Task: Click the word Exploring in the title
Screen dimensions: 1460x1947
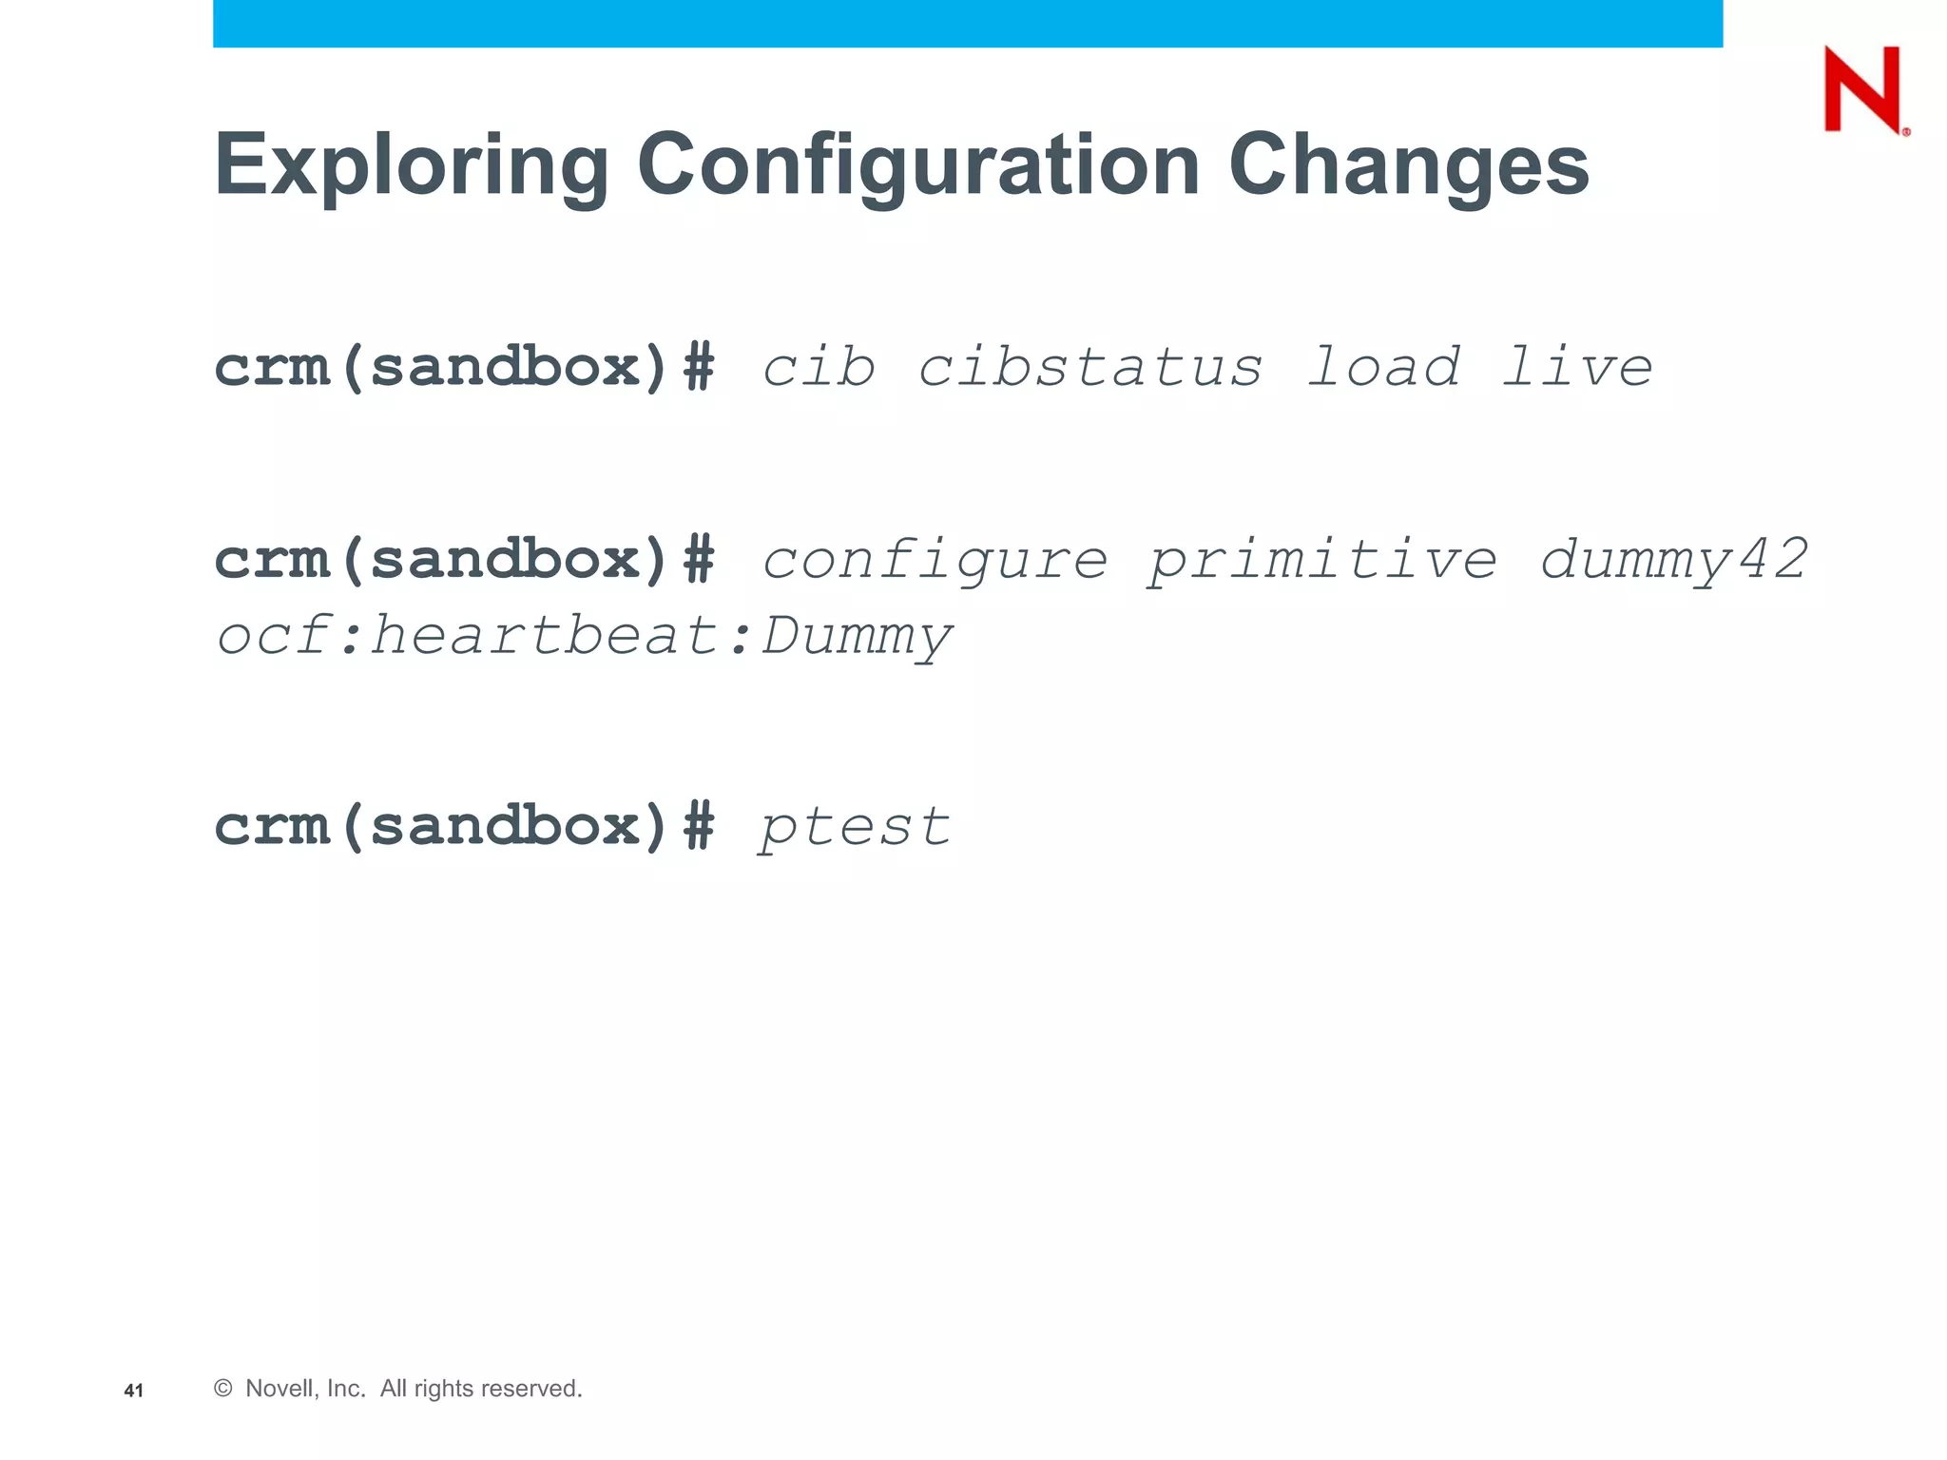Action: point(411,165)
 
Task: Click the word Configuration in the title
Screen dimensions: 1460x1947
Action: point(917,165)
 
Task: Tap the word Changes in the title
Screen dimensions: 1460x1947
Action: point(1408,165)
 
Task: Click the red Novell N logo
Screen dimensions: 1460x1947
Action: point(1863,90)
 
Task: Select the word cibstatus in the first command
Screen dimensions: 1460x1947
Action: point(1089,368)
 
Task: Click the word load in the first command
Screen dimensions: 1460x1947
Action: point(1383,368)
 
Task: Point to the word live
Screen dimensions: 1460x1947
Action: point(1577,368)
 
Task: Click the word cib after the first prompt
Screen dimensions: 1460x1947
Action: point(819,368)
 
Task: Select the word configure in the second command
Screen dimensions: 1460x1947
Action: point(935,560)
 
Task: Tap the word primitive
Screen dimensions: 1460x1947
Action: point(1322,560)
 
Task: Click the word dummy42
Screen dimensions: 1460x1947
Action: point(1673,560)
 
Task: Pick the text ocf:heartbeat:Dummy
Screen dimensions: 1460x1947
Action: point(584,637)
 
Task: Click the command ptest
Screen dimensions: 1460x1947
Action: point(854,827)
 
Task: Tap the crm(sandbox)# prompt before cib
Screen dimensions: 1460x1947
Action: point(464,368)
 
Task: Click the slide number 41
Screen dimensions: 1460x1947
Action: point(134,1391)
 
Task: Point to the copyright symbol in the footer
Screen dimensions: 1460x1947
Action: point(223,1389)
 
